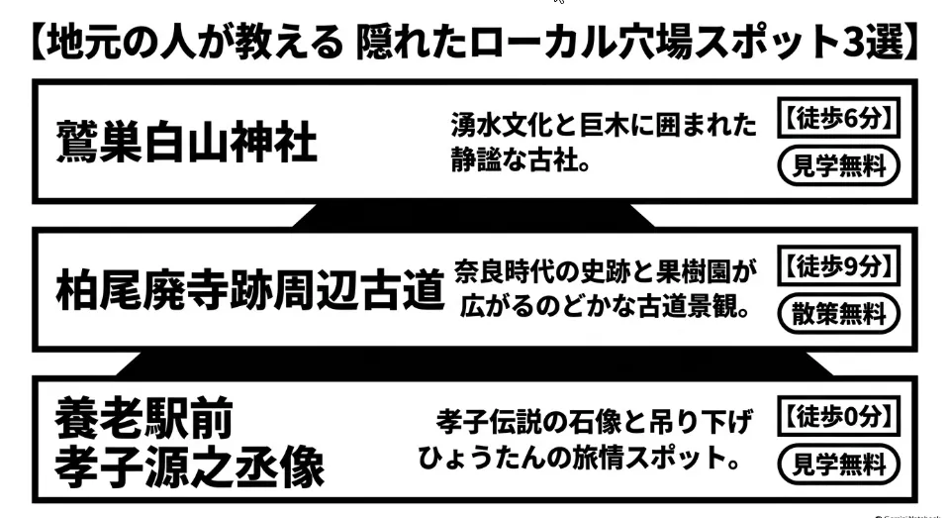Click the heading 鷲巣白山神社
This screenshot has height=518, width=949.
[x=186, y=142]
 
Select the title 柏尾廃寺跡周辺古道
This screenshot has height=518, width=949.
[x=250, y=289]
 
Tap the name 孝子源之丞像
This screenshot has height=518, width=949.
[x=190, y=466]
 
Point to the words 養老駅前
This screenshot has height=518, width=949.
[x=144, y=418]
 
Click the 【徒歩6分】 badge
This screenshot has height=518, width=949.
[x=839, y=118]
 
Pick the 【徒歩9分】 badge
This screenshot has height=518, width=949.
[x=839, y=265]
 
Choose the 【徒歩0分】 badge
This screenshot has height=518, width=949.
[x=839, y=416]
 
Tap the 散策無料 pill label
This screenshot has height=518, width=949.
[x=839, y=314]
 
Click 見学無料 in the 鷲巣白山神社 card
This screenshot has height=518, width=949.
[x=839, y=165]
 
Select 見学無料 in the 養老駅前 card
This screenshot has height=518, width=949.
[x=839, y=465]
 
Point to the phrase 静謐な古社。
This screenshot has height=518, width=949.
[x=522, y=160]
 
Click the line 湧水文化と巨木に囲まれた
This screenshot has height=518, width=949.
[x=604, y=125]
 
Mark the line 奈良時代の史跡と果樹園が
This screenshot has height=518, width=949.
[x=606, y=272]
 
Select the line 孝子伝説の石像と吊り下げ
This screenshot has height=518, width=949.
[x=595, y=422]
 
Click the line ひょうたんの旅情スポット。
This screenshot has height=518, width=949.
[x=580, y=458]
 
